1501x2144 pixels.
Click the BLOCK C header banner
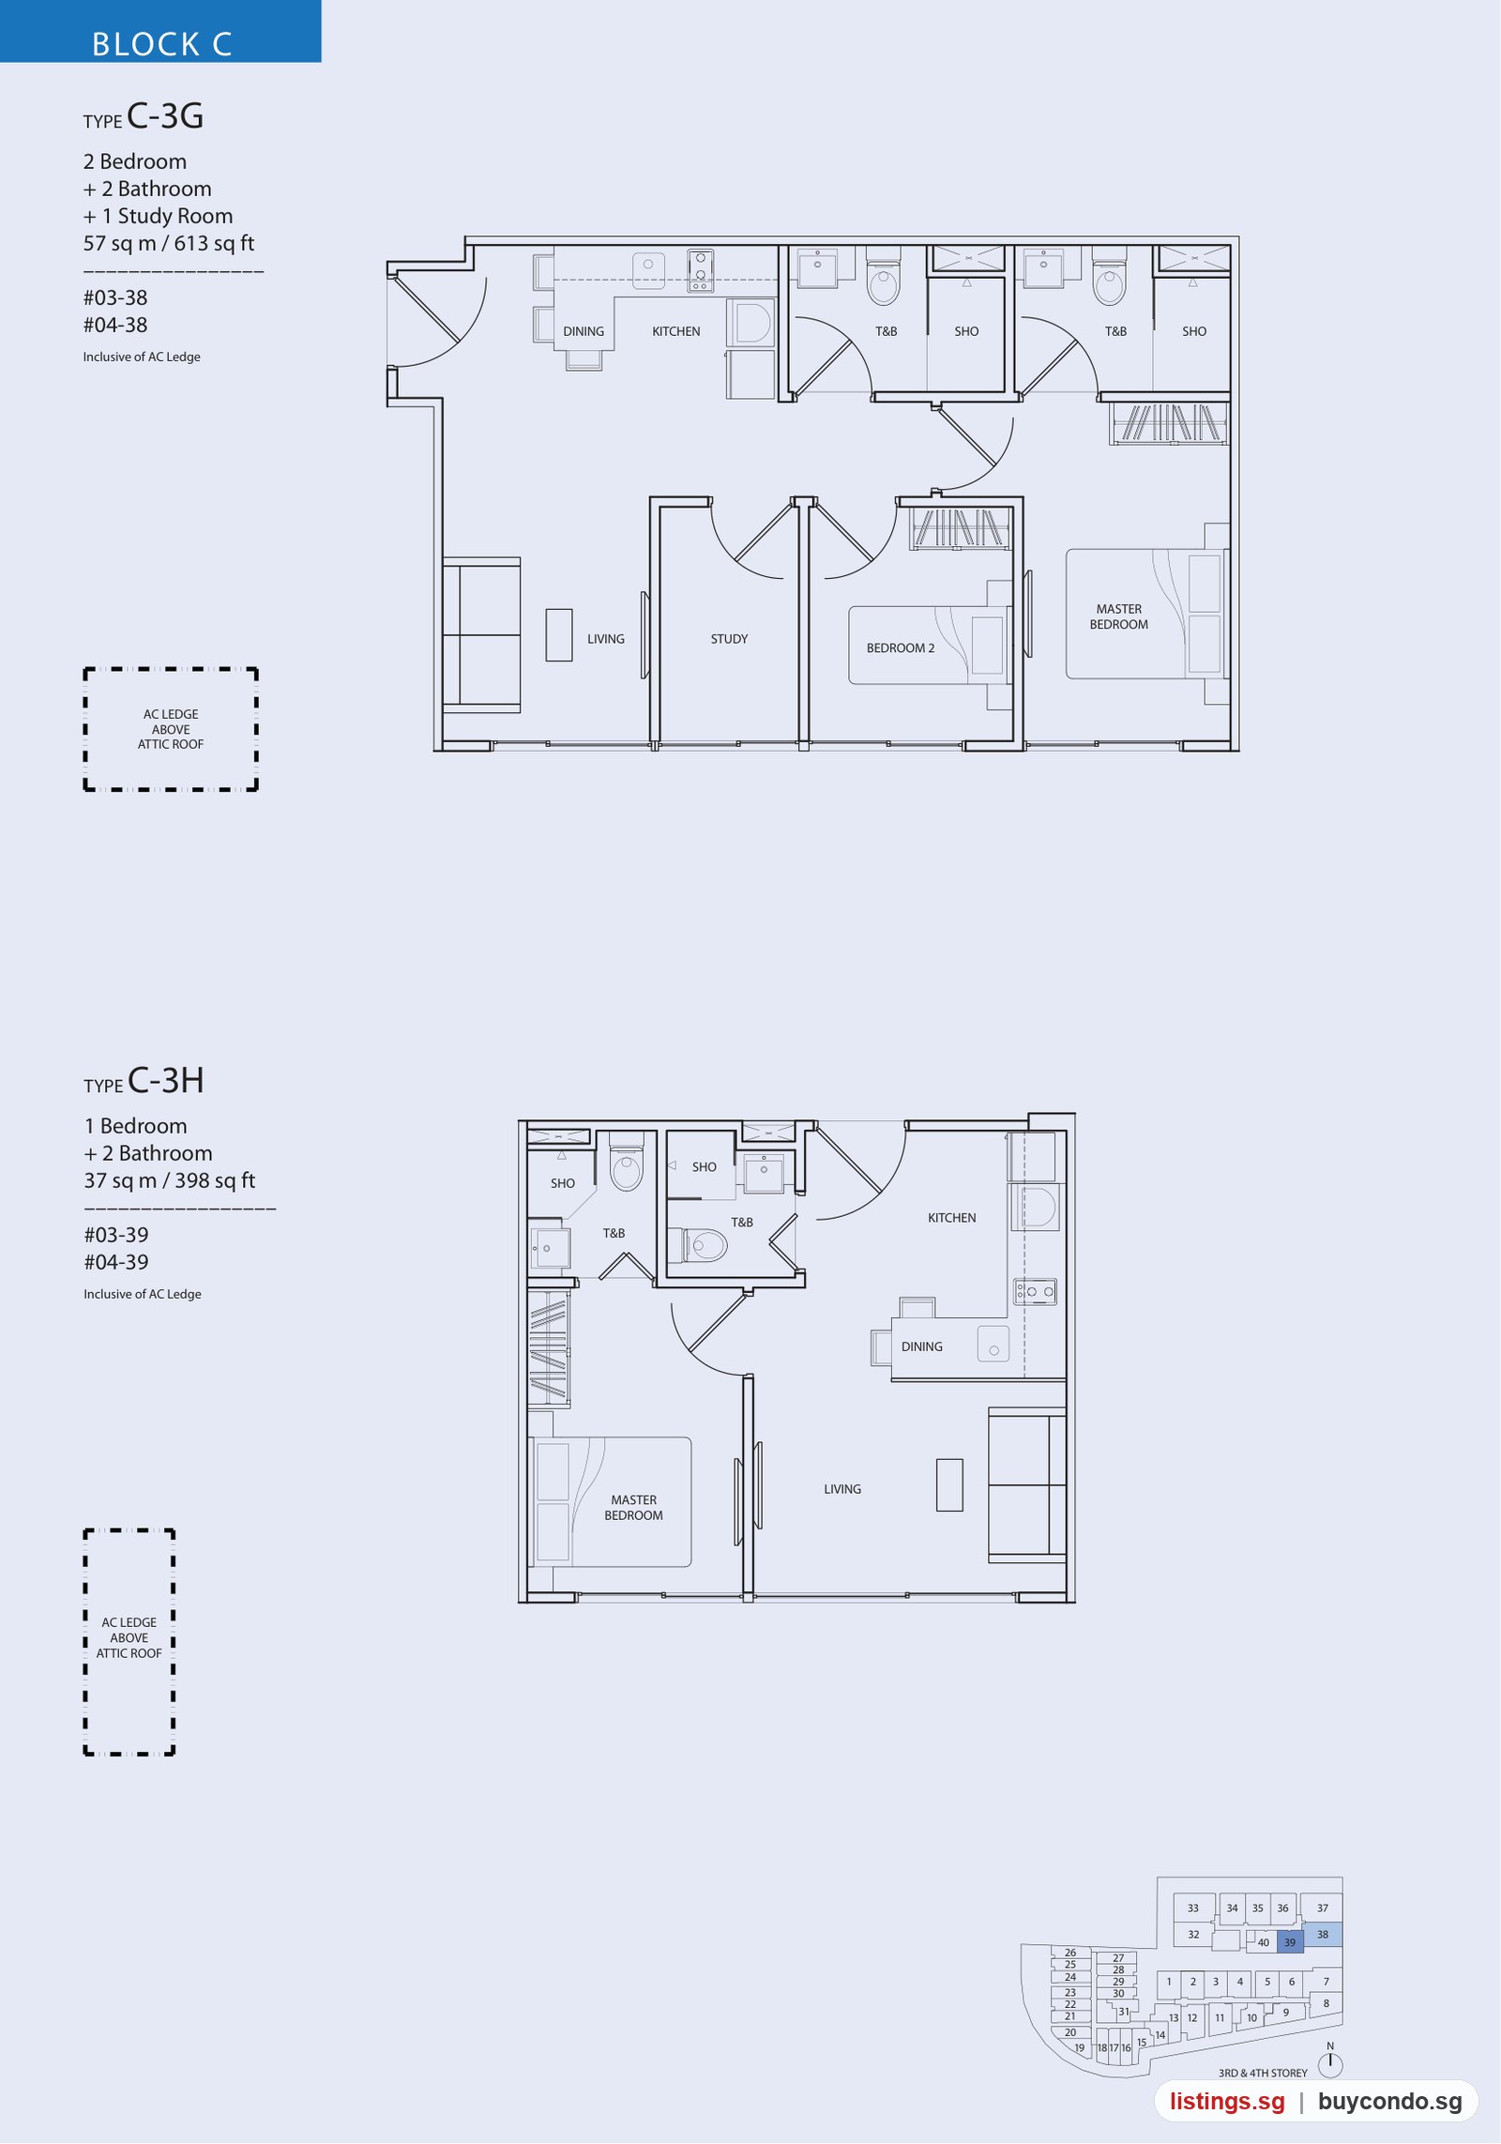[160, 31]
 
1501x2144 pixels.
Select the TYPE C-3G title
[144, 116]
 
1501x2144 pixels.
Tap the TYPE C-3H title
[144, 1081]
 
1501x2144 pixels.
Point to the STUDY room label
[729, 639]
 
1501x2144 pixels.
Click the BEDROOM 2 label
[901, 648]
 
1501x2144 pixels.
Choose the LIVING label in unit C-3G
[606, 639]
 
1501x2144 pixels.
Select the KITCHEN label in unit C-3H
[952, 1218]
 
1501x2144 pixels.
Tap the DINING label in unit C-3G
[584, 331]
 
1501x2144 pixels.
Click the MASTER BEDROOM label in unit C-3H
[634, 1508]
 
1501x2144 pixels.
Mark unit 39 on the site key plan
[1290, 1942]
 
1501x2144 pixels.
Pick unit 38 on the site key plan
[1323, 1934]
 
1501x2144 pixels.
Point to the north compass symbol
[1330, 2063]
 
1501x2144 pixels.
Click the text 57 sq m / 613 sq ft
[169, 244]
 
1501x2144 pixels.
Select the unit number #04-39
[116, 1262]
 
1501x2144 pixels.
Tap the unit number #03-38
[115, 297]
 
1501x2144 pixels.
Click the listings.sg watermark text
[1227, 2102]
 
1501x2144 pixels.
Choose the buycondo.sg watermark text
[1390, 2102]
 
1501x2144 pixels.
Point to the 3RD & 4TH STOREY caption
[1263, 2073]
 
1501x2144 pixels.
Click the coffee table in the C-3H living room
[949, 1484]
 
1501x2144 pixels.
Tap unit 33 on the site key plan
[1193, 1908]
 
